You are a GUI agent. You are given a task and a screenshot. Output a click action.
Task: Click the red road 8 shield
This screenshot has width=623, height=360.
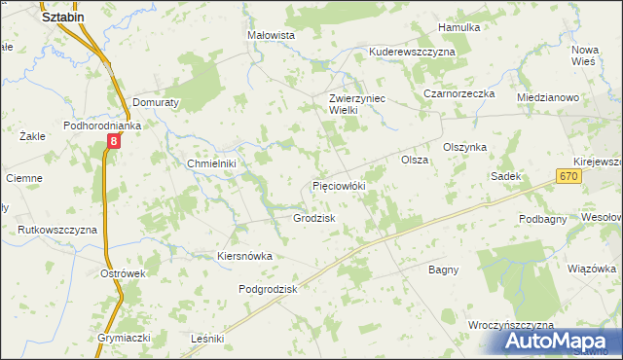click(x=114, y=142)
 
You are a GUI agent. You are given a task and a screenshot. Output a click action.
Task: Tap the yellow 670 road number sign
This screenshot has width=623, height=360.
click(x=570, y=175)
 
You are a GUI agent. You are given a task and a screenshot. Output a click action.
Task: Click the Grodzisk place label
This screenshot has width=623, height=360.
click(x=314, y=218)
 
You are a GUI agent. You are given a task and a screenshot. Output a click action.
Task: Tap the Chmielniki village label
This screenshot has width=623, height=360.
click(x=212, y=163)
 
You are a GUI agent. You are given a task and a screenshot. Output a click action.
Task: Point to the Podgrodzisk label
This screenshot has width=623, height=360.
click(x=268, y=289)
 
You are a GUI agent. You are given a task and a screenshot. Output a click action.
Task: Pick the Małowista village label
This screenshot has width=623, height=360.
click(x=272, y=34)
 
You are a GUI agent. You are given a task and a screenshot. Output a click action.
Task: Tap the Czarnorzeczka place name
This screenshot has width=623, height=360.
click(x=459, y=93)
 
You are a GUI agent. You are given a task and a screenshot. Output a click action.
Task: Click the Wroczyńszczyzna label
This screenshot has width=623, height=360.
click(x=510, y=324)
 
